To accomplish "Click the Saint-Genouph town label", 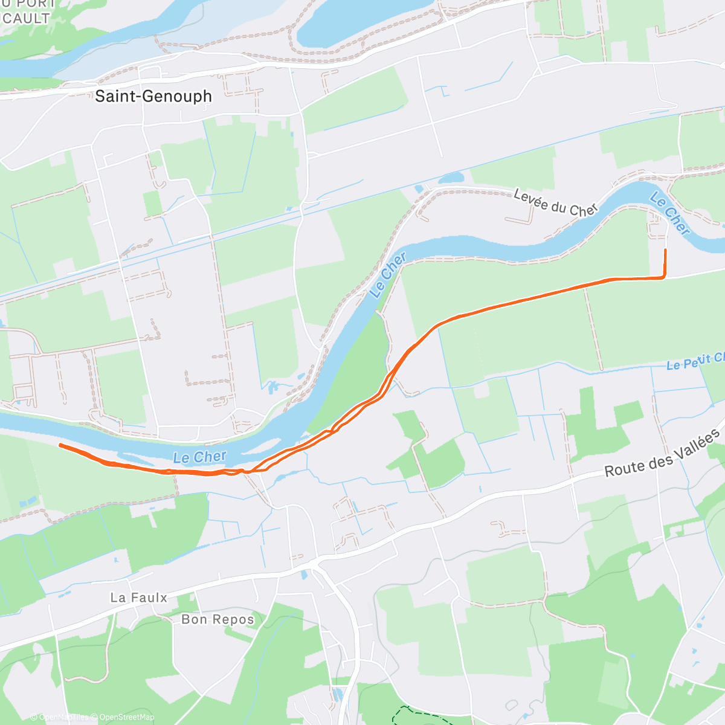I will [153, 96].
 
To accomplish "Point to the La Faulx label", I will [138, 598].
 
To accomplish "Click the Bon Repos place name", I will [217, 619].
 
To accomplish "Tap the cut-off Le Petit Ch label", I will [695, 361].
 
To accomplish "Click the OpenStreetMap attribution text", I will [127, 717].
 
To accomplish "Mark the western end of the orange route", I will [60, 445].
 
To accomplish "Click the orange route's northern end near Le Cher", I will [665, 250].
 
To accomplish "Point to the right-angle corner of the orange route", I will [665, 277].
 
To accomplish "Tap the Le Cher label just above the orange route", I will [199, 457].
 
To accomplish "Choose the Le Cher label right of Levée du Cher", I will [670, 213].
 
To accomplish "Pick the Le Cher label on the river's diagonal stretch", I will [388, 275].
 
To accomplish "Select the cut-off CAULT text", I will [25, 18].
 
